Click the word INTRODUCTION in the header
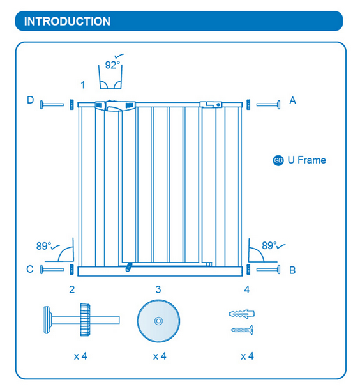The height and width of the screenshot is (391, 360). (67, 21)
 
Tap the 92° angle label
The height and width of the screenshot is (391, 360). (112, 65)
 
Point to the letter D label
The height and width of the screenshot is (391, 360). (31, 100)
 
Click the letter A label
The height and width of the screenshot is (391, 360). (293, 101)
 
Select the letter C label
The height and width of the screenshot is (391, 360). (30, 270)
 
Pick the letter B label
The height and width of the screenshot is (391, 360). (292, 270)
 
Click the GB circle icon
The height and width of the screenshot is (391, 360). (278, 160)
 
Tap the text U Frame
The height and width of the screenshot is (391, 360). (306, 160)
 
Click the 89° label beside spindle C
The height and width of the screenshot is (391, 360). (44, 246)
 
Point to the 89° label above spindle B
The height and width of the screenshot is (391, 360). (269, 245)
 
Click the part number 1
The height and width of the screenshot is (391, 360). (83, 85)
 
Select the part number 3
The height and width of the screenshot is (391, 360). (158, 289)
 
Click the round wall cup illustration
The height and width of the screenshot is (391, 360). (158, 321)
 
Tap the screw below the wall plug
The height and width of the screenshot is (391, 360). (242, 330)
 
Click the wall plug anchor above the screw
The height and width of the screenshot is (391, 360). (242, 314)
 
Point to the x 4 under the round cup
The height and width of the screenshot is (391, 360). (160, 356)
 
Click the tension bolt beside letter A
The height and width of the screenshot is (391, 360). (268, 105)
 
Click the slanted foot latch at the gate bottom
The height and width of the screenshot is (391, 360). (128, 267)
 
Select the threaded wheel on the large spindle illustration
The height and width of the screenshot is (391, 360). (85, 319)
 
